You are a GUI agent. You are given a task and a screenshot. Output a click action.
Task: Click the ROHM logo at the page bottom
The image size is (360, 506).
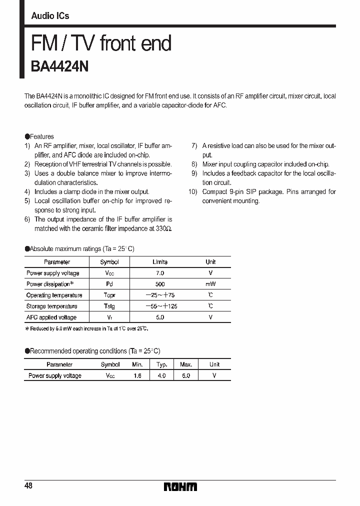[x=180, y=486]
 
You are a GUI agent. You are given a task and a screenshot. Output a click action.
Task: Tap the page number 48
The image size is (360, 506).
[x=28, y=486]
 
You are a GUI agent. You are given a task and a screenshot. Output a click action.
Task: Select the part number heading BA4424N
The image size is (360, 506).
[x=60, y=66]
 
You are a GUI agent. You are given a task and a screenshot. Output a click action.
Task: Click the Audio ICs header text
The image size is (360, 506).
[x=50, y=16]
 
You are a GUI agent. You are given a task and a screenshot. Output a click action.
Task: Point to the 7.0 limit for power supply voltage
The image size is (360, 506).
[x=159, y=273]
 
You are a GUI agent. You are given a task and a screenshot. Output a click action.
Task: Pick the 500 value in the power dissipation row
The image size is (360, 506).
[x=159, y=284]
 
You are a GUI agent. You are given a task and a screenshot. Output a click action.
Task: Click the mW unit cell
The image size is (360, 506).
[x=210, y=284]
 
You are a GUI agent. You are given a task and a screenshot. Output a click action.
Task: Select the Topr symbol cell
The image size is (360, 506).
[x=109, y=295]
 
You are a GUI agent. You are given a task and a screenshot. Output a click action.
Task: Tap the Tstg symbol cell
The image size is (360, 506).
[x=109, y=306]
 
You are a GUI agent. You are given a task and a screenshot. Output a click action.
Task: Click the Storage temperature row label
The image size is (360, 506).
[x=51, y=306]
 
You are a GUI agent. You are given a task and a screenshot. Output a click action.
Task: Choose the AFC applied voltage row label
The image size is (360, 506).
[x=51, y=317]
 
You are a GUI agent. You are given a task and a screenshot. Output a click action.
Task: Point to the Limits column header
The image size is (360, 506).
[x=159, y=262]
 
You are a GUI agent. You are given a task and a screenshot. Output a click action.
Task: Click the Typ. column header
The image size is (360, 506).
[x=161, y=364]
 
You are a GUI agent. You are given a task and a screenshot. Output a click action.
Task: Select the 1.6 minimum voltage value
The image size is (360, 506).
[x=137, y=375]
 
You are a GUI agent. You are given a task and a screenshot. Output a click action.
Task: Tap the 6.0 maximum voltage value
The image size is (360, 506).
[x=185, y=375]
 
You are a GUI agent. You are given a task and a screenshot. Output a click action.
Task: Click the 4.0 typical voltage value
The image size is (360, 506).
[x=161, y=375]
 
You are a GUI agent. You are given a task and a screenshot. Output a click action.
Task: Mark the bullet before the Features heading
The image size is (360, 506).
[x=27, y=136]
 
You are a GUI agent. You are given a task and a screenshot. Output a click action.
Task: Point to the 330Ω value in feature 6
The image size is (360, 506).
[x=164, y=228]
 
